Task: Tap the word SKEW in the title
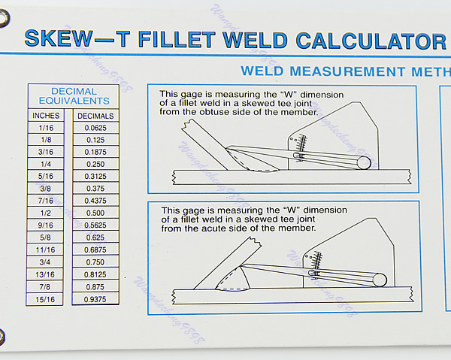tap(56, 39)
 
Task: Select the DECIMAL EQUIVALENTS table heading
tap(73, 95)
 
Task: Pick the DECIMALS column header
tap(95, 116)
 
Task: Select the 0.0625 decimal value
tap(95, 129)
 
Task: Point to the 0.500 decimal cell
tap(95, 213)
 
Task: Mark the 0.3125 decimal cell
tap(95, 177)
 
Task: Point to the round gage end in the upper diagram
tap(363, 162)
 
